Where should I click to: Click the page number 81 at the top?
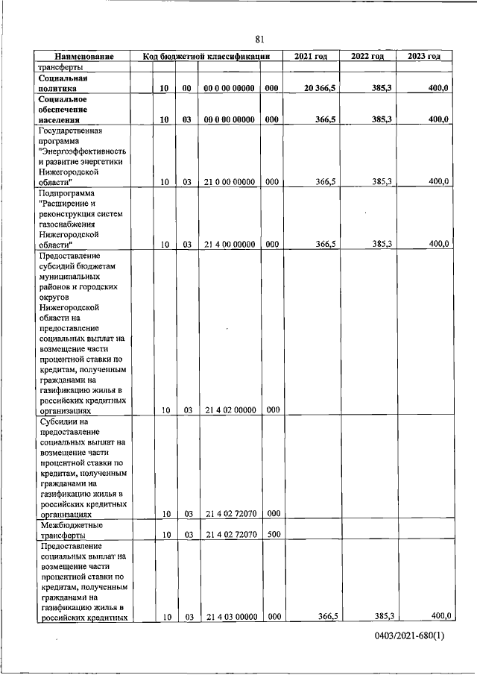coord(259,40)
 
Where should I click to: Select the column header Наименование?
coord(83,56)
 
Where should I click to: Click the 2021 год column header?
coord(311,56)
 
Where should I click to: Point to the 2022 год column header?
coord(367,56)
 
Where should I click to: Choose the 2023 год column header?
coord(424,56)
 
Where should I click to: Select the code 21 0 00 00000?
coord(230,182)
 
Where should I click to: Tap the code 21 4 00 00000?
coord(230,244)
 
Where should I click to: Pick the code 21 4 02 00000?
coord(230,409)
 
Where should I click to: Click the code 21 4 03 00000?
coord(230,616)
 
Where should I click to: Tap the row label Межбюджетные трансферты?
coord(71,530)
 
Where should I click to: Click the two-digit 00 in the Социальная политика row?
coord(188,88)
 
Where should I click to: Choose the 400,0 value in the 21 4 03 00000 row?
coord(440,615)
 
